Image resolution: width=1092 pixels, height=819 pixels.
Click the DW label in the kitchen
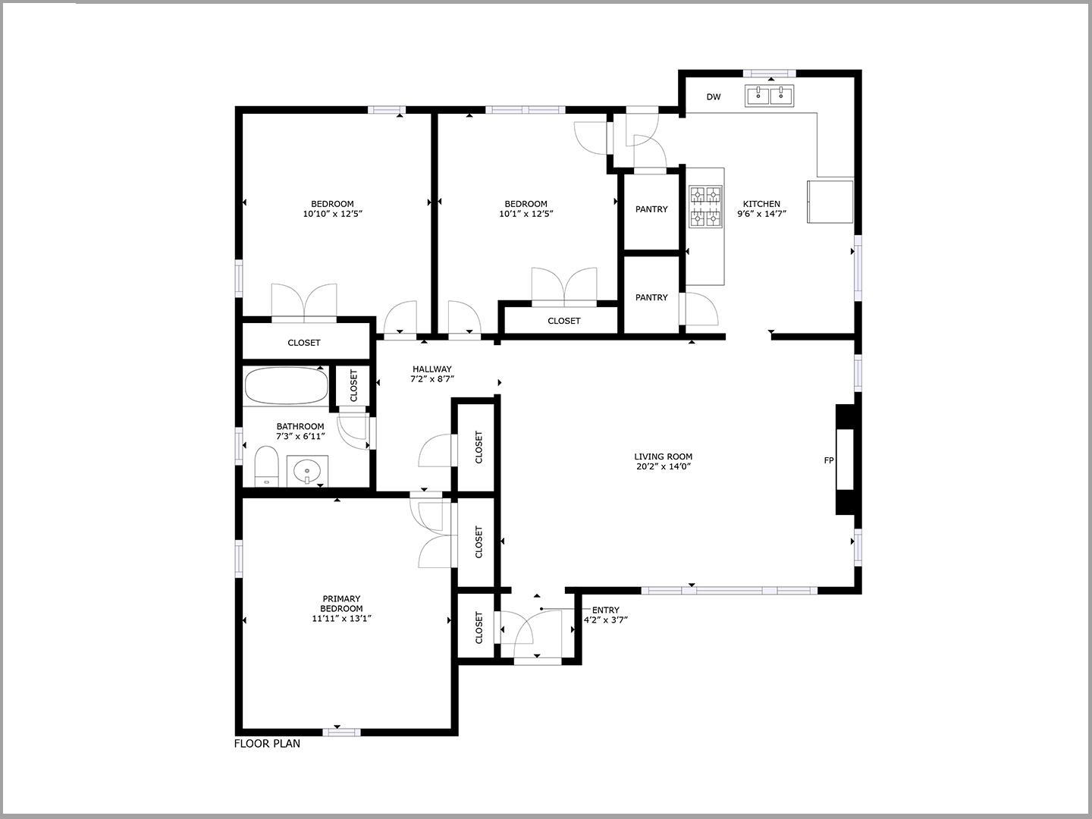pyautogui.click(x=713, y=97)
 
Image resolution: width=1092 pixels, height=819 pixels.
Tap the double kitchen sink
pyautogui.click(x=769, y=96)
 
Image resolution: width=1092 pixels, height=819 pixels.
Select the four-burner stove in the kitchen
pyautogui.click(x=704, y=206)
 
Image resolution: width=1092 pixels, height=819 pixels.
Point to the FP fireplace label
pyautogui.click(x=829, y=460)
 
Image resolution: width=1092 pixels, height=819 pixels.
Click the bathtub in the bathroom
pyautogui.click(x=286, y=386)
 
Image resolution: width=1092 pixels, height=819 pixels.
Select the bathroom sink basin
pyautogui.click(x=307, y=470)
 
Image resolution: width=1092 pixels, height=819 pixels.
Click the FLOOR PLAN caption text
pyautogui.click(x=267, y=743)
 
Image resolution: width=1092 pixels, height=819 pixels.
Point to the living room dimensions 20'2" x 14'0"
pyautogui.click(x=664, y=466)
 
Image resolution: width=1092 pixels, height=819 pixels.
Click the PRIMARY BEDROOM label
pyautogui.click(x=341, y=604)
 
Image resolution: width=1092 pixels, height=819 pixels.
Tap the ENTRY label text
pyautogui.click(x=605, y=610)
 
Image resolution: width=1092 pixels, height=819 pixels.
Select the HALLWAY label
pyautogui.click(x=432, y=369)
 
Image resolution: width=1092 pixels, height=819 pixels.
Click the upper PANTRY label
pyautogui.click(x=651, y=209)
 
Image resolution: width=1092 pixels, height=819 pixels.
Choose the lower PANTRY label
pyautogui.click(x=651, y=297)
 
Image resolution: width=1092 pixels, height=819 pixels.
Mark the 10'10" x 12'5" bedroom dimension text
pyautogui.click(x=332, y=214)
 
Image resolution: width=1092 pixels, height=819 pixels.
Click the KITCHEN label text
pyautogui.click(x=761, y=204)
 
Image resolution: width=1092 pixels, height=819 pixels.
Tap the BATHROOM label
pyautogui.click(x=300, y=426)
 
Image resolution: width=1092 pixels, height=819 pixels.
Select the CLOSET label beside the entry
pyautogui.click(x=479, y=628)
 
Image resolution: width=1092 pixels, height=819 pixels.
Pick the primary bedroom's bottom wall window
pyautogui.click(x=341, y=732)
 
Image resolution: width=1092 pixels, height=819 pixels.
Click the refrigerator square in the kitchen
pyautogui.click(x=830, y=201)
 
